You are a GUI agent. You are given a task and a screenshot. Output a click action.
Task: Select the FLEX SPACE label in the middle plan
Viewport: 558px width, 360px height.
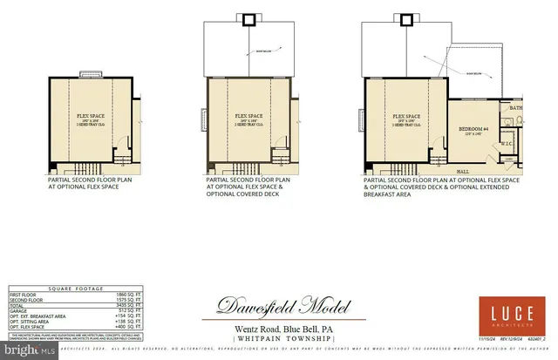click(248, 116)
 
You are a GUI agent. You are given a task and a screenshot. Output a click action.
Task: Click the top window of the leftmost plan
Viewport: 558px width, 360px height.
click(88, 75)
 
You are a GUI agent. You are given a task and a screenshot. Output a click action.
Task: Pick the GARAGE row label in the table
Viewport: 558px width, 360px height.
click(19, 316)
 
